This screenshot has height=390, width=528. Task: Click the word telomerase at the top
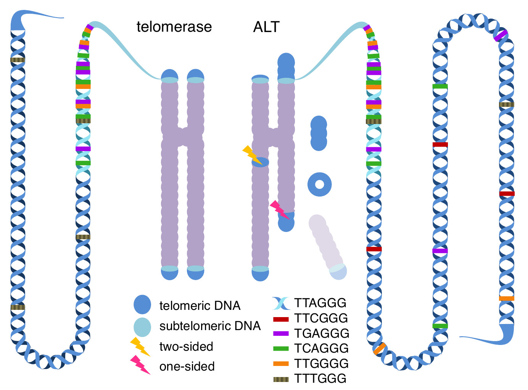coord(174,27)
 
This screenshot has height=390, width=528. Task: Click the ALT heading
coord(266,27)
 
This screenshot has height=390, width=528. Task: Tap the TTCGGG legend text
coord(321,318)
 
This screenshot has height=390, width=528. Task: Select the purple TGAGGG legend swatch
coord(281,333)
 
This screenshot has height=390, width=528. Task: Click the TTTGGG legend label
coord(320,378)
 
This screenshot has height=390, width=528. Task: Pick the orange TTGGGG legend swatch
coord(281,364)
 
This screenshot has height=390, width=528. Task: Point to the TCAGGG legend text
coord(321,348)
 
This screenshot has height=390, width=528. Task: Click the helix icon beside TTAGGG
coord(281,303)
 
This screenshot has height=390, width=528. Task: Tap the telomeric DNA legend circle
coord(142,305)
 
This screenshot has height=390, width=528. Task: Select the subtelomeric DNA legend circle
coord(142,327)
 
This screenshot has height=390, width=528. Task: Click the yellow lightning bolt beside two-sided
coord(140,346)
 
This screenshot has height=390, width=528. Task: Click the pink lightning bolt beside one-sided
coord(140,365)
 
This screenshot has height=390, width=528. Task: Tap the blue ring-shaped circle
coord(320,185)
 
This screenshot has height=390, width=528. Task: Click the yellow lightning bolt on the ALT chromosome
coord(252,155)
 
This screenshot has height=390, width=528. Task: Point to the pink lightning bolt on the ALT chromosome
coord(280,210)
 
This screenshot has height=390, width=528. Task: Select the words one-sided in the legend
coord(187,366)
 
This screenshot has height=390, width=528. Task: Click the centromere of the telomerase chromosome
coord(183,137)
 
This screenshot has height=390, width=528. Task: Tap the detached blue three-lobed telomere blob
coord(319,133)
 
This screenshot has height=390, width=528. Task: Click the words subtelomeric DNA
coord(210,326)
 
